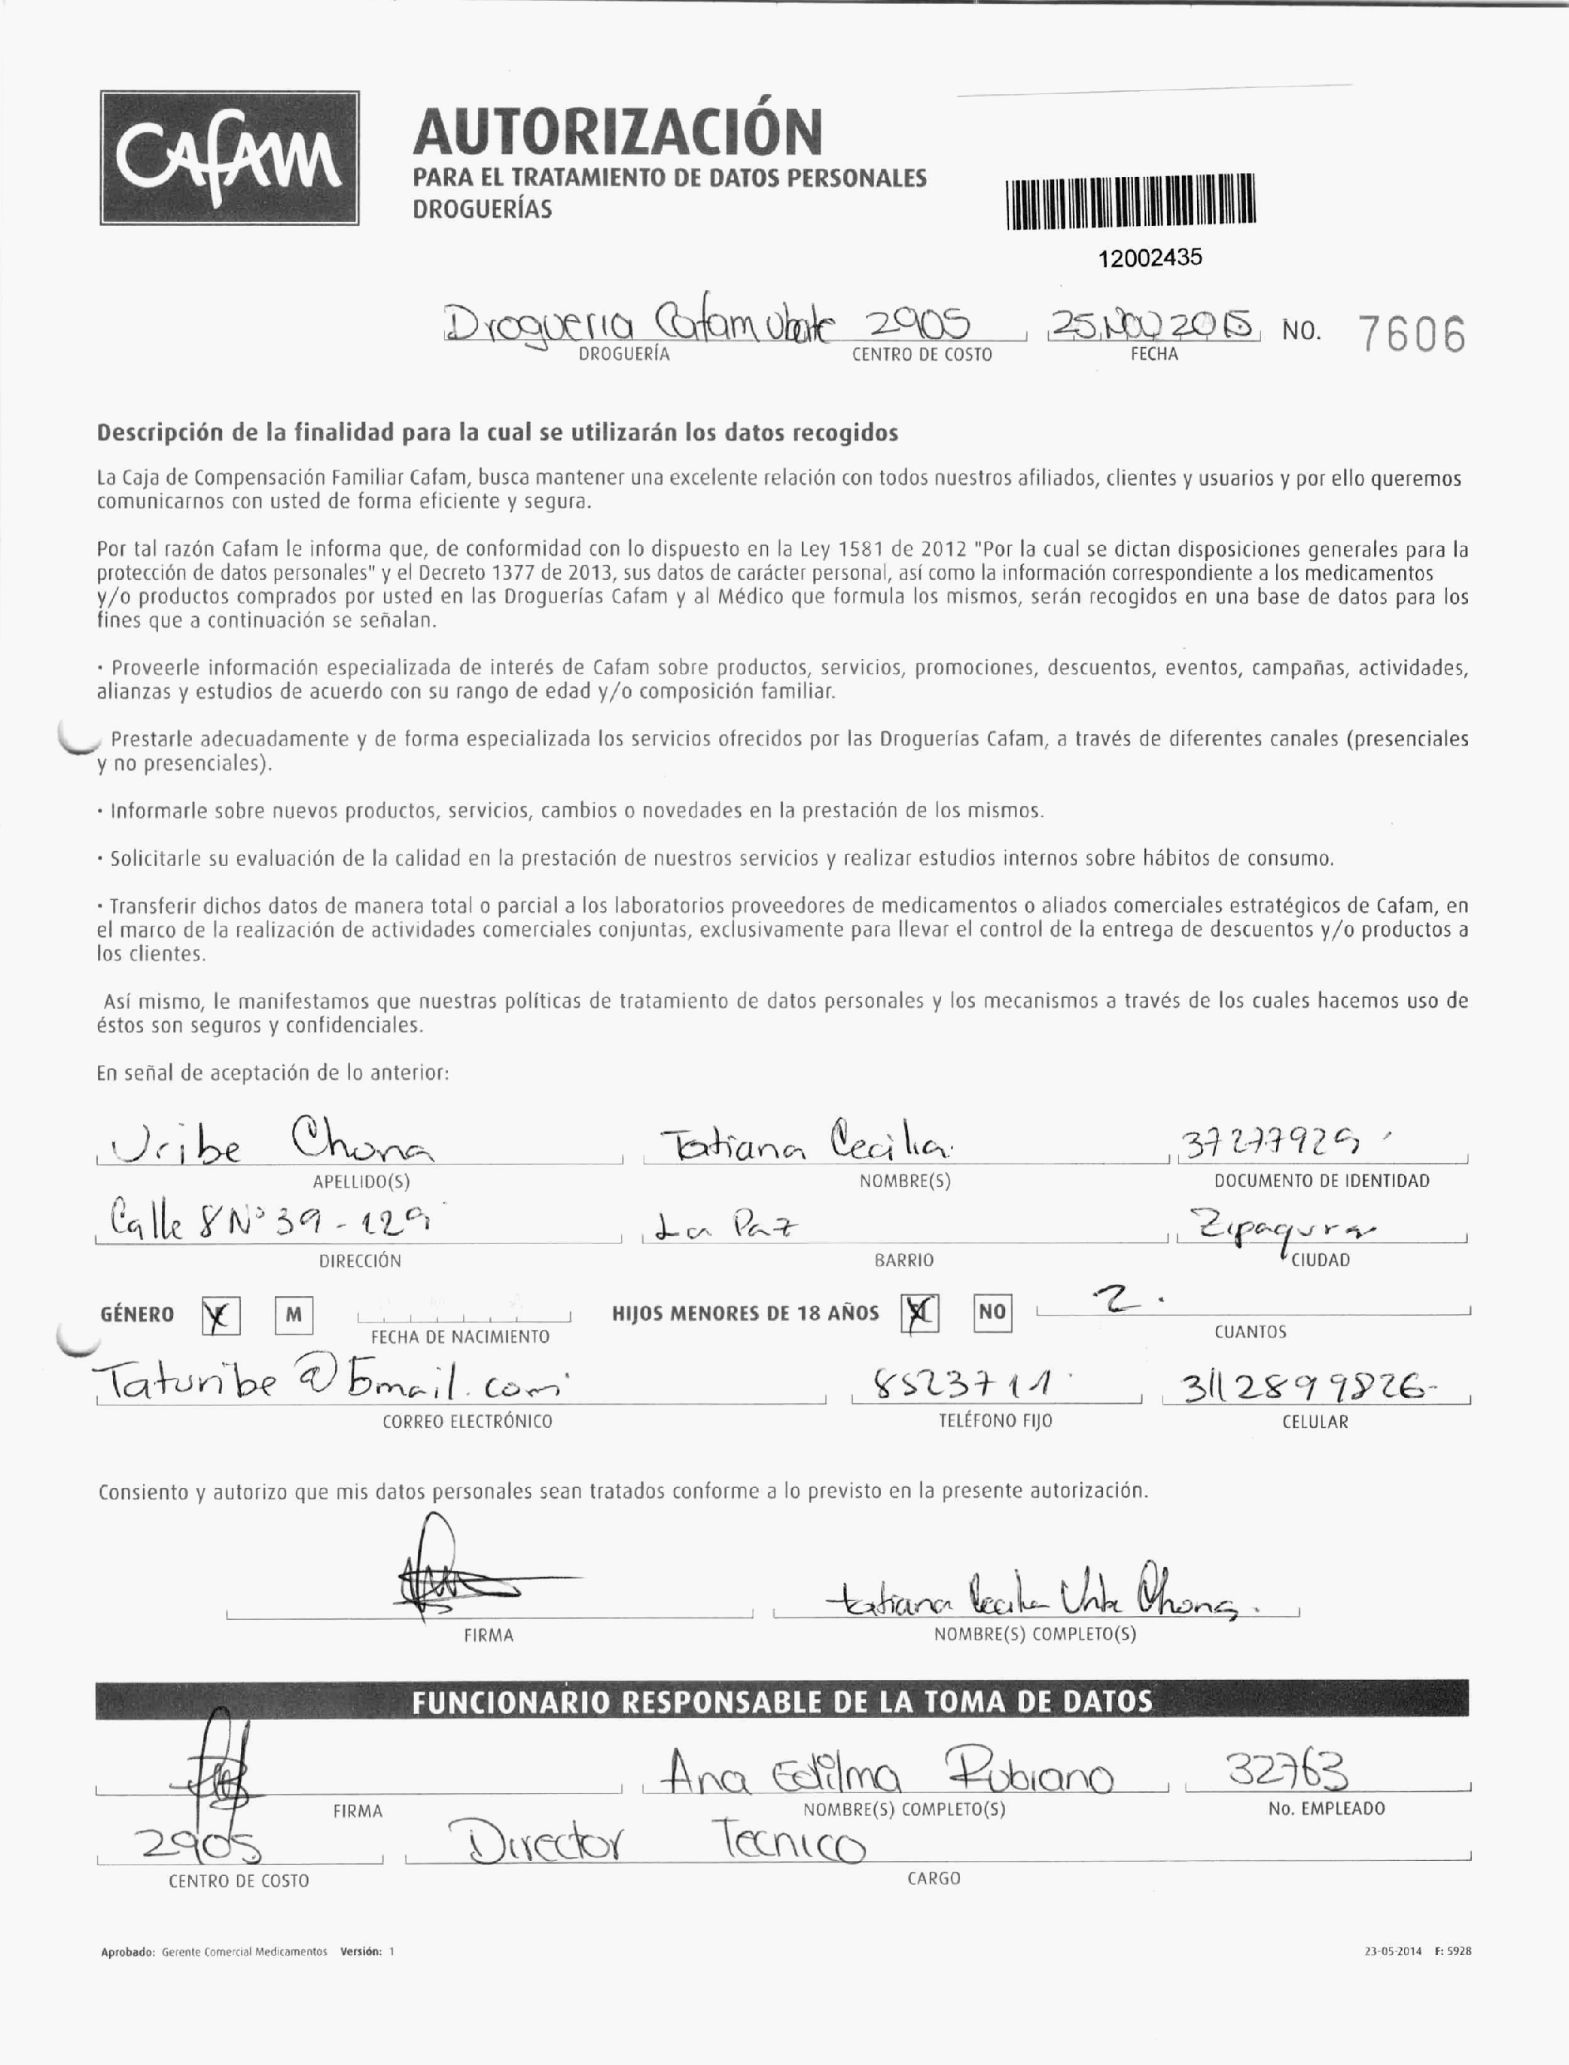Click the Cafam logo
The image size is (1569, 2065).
point(229,158)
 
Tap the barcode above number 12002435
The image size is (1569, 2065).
point(1131,202)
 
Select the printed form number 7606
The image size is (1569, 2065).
point(1411,335)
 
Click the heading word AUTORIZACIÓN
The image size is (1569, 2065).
point(617,132)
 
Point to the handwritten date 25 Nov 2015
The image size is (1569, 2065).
point(1154,325)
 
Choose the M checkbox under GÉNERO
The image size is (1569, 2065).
point(294,1315)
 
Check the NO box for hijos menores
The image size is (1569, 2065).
point(991,1312)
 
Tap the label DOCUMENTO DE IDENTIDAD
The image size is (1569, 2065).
point(1321,1181)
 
